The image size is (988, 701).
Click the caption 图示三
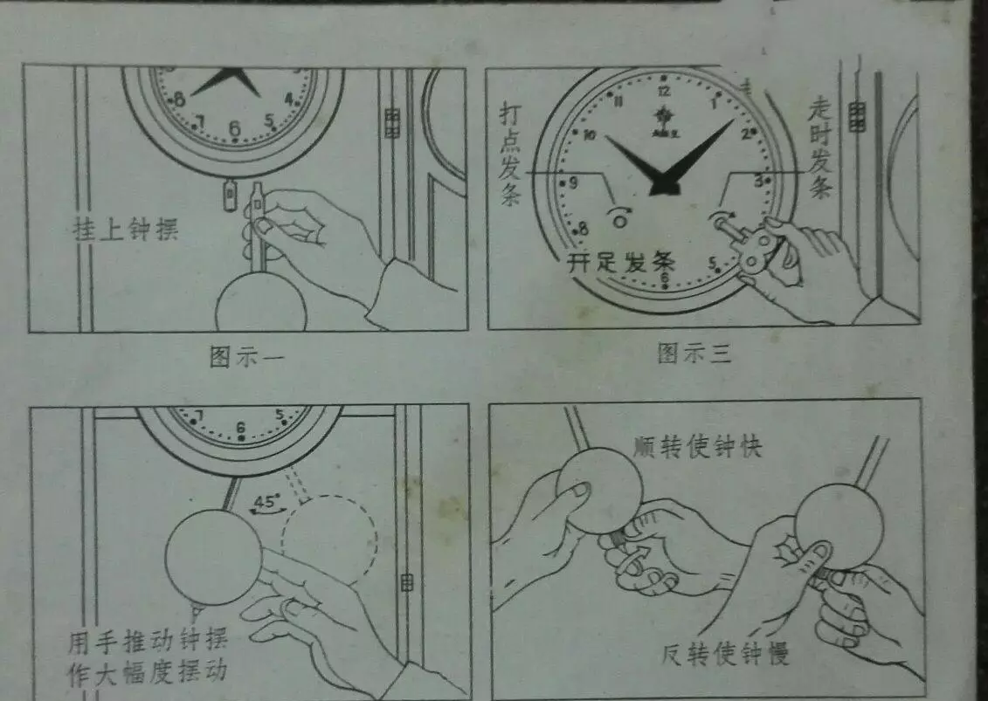click(x=694, y=354)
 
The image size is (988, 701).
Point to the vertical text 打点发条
click(x=511, y=156)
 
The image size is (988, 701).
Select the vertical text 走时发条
click(x=820, y=148)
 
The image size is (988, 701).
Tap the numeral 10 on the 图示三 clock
click(x=590, y=135)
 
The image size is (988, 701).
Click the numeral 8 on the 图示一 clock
click(x=179, y=99)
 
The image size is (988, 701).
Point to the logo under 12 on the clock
click(x=664, y=113)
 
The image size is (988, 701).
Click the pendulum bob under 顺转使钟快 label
click(x=599, y=489)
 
